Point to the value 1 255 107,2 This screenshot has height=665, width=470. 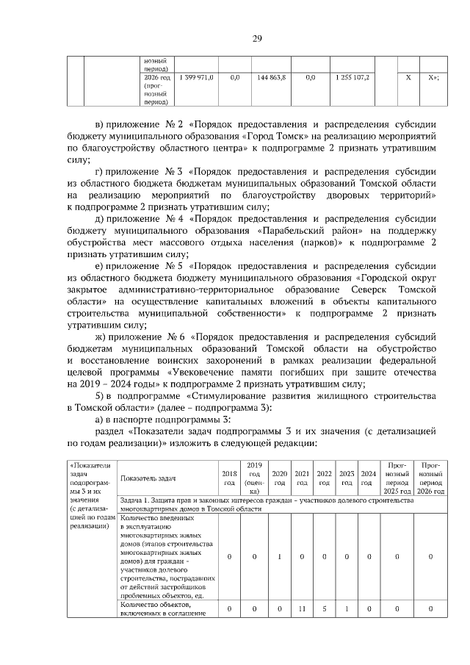coord(352,77)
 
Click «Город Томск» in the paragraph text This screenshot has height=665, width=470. coord(273,137)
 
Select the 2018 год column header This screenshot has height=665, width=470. coord(229,478)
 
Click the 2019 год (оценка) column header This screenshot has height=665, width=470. coord(255,478)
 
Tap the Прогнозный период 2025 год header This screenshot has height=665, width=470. coord(397,478)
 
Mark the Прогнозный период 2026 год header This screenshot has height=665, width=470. coord(430,478)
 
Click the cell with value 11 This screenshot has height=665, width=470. coord(302,609)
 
